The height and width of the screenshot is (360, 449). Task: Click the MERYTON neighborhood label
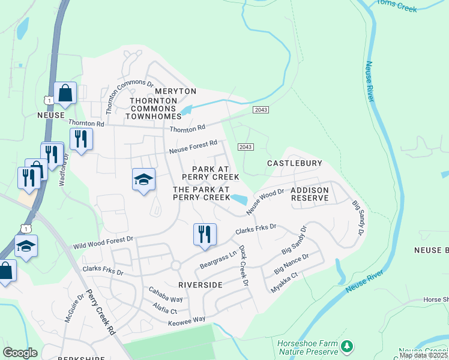point(175,91)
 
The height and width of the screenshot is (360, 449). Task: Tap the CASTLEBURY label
point(295,163)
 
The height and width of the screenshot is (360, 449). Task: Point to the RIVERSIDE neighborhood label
point(201,284)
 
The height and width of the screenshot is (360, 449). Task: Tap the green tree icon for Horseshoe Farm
point(346,346)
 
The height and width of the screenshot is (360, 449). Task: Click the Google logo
point(20,353)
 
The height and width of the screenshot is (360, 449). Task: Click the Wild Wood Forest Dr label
point(103,243)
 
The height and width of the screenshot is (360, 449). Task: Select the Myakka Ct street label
point(284,283)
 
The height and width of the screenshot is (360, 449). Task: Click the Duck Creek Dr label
point(244,265)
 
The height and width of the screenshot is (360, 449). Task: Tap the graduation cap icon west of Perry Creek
point(143,179)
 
